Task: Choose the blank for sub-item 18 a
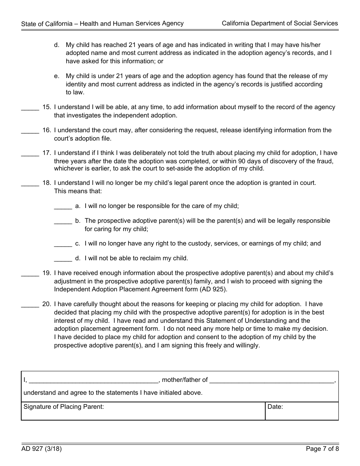[63, 208]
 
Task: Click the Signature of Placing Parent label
[64, 407]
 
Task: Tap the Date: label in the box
[275, 407]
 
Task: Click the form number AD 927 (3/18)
[41, 449]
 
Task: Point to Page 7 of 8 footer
[322, 449]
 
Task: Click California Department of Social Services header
[280, 23]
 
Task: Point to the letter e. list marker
[56, 76]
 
